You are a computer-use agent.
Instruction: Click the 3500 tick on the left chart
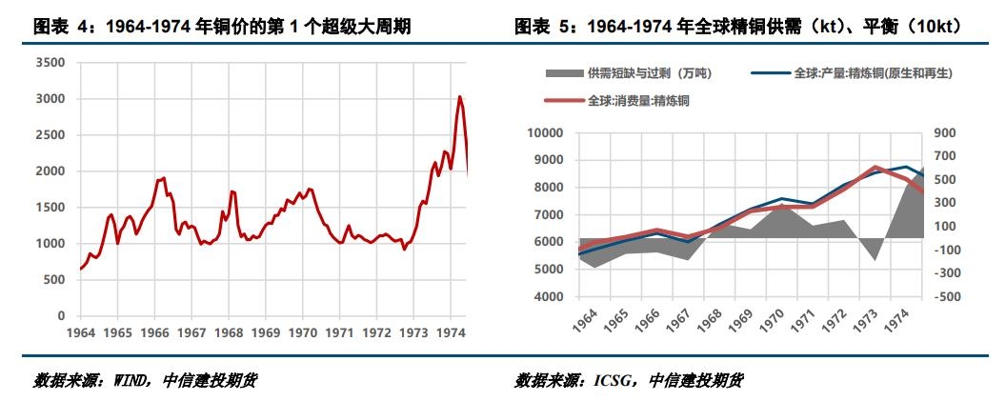(49, 63)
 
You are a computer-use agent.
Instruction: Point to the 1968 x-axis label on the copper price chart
(229, 333)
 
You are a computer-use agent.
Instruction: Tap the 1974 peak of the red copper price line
(460, 97)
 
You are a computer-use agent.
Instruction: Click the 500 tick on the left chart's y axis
(52, 280)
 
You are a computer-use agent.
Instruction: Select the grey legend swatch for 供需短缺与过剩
(564, 73)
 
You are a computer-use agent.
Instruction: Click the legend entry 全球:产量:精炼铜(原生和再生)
(873, 73)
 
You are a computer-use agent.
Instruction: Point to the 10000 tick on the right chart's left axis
(547, 133)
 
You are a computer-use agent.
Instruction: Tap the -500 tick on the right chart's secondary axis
(945, 297)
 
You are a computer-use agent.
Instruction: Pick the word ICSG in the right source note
(613, 381)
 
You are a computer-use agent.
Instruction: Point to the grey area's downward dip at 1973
(875, 259)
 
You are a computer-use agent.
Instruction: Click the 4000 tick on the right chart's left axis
(551, 297)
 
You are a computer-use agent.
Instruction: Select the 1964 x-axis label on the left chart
(80, 333)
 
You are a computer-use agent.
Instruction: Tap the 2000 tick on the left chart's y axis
(49, 171)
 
